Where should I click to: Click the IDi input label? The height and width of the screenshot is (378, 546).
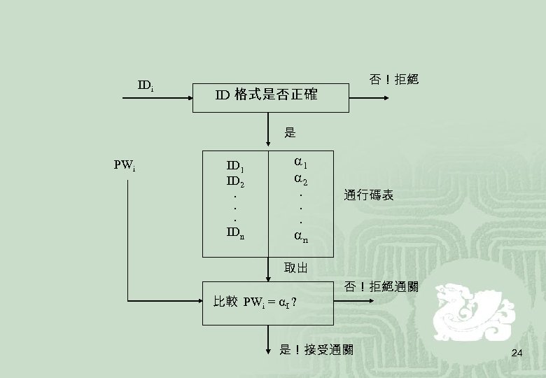(x=146, y=86)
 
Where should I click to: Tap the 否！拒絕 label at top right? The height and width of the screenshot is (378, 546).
(x=393, y=79)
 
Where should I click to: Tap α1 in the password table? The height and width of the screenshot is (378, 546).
(x=302, y=164)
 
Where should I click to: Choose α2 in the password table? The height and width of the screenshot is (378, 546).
(x=302, y=181)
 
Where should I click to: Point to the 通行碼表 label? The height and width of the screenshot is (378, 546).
(x=368, y=195)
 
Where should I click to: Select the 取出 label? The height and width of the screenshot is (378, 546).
(x=296, y=267)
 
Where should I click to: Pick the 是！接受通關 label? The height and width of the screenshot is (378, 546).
(x=316, y=349)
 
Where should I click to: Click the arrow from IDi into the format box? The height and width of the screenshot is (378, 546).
(x=157, y=99)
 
